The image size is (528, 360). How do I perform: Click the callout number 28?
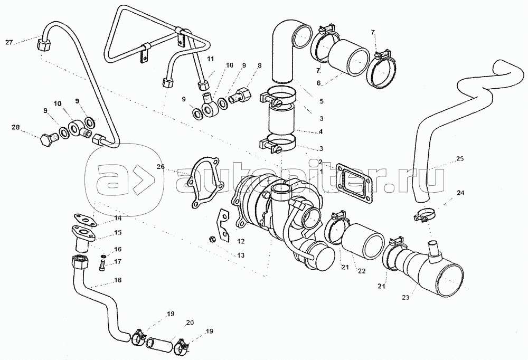tap(16, 128)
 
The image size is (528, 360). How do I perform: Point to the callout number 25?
tap(460, 159)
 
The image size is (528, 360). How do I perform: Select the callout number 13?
tap(241, 255)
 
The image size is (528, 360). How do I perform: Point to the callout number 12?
tap(241, 241)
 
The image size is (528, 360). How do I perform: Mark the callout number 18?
tap(117, 280)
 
